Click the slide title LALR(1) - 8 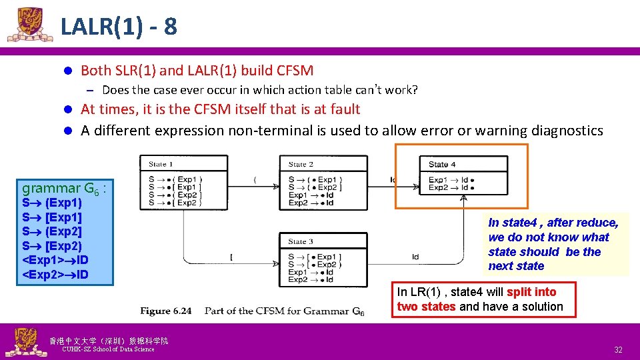pyautogui.click(x=119, y=27)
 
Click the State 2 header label pyautogui.click(x=301, y=164)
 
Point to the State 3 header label pyautogui.click(x=301, y=241)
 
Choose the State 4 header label pyautogui.click(x=442, y=164)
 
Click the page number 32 pyautogui.click(x=618, y=350)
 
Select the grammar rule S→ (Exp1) pyautogui.click(x=52, y=203)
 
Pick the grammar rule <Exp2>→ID pyautogui.click(x=56, y=275)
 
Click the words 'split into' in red pyautogui.click(x=531, y=292)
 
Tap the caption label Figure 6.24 pyautogui.click(x=165, y=311)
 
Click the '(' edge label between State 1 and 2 pyautogui.click(x=255, y=179)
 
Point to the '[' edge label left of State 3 pyautogui.click(x=231, y=257)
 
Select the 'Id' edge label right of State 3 pyautogui.click(x=415, y=257)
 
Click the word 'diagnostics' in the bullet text pyautogui.click(x=566, y=131)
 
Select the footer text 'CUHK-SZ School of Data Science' pyautogui.click(x=107, y=349)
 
